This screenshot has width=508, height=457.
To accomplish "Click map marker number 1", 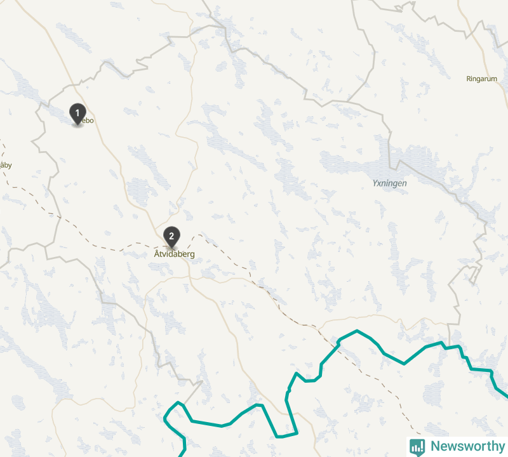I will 77,114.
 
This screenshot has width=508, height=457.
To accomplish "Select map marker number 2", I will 171,236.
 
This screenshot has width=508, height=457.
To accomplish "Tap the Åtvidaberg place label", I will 174,254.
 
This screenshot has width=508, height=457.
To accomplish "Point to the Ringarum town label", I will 482,79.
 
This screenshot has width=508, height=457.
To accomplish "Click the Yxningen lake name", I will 389,183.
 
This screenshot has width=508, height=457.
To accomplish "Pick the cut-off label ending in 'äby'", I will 5,166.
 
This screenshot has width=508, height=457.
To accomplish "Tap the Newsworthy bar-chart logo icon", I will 417,446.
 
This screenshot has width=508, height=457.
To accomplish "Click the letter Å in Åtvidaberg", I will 157,254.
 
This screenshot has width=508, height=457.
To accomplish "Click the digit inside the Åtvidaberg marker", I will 171,235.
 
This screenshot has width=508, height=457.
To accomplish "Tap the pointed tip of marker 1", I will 77,125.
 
